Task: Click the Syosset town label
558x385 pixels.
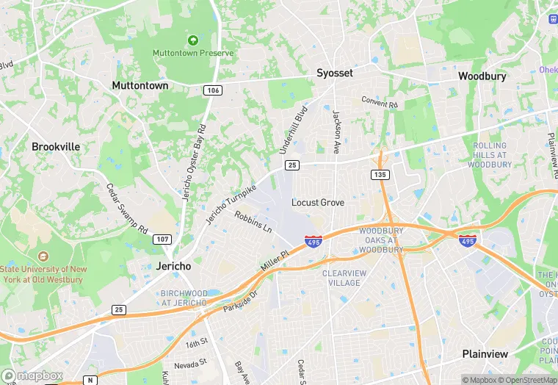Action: tap(334, 73)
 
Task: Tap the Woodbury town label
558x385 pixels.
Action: tap(483, 76)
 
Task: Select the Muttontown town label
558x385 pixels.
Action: tap(139, 85)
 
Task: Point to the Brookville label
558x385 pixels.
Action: tap(56, 146)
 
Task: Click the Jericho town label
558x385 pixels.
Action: tap(174, 265)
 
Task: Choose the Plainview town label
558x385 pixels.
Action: tap(485, 353)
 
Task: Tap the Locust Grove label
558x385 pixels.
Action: tap(317, 202)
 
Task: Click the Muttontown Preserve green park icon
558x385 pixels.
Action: tap(193, 40)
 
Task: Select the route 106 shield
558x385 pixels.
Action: tap(213, 90)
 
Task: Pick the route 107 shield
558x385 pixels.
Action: tap(162, 240)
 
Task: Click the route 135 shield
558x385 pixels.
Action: tap(380, 174)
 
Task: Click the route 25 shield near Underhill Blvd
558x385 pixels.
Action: tap(291, 166)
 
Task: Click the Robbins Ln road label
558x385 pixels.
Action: tap(253, 222)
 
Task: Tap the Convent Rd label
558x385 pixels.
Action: tap(379, 103)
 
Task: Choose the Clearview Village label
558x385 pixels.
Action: tap(342, 278)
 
